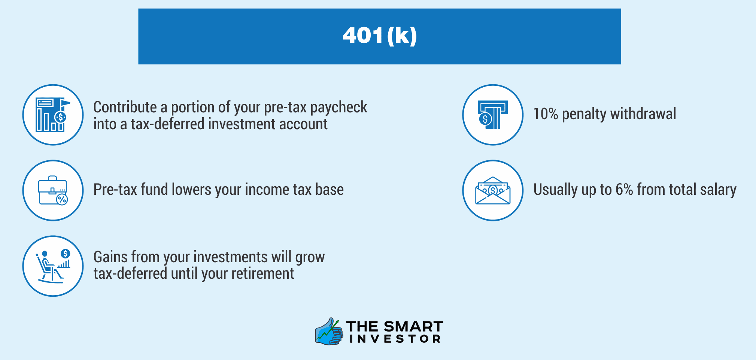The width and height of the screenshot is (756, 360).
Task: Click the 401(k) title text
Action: click(380, 36)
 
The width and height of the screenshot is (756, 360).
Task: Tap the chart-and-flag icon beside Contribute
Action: click(53, 115)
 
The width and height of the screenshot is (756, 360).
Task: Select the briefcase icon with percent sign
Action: click(53, 190)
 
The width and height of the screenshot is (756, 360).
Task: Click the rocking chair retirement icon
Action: click(53, 266)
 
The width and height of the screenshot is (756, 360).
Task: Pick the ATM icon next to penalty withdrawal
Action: click(493, 115)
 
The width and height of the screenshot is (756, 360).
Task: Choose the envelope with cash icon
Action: click(493, 190)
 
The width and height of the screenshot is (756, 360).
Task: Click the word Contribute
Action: click(125, 107)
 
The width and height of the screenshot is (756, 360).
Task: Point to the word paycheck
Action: click(339, 108)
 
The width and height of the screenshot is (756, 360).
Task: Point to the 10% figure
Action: click(546, 114)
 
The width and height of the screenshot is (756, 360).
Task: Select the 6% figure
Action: click(624, 190)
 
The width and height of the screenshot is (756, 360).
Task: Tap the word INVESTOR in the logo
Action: click(395, 339)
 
